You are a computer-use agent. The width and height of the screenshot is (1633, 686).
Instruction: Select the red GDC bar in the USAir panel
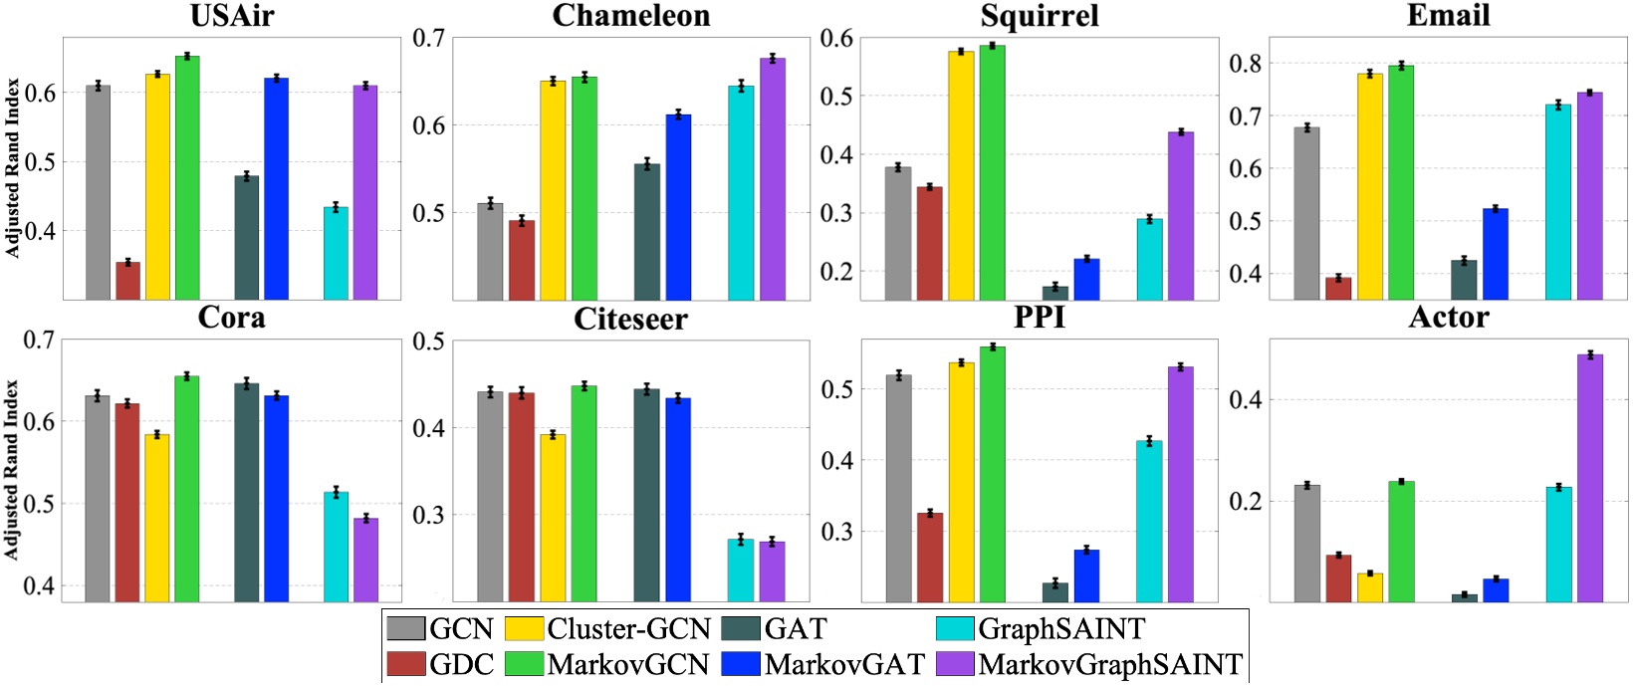(x=127, y=281)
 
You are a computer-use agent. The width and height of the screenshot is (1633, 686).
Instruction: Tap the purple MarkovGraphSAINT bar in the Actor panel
(x=1590, y=478)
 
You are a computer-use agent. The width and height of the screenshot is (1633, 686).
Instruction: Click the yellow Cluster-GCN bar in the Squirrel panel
(x=961, y=175)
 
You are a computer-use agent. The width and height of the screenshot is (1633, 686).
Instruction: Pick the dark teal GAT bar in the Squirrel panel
(x=1054, y=293)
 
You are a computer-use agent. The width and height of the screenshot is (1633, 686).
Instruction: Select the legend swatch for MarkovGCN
(x=524, y=664)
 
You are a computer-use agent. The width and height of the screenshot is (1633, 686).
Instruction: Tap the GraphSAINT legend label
(x=1061, y=629)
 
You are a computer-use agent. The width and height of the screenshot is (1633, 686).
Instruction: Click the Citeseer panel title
(x=630, y=320)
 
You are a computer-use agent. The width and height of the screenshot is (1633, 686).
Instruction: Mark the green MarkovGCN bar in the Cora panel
(x=187, y=489)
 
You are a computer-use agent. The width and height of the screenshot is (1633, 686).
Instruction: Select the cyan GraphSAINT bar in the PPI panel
(x=1149, y=521)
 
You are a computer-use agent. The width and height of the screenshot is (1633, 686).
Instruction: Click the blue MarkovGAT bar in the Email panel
(x=1495, y=254)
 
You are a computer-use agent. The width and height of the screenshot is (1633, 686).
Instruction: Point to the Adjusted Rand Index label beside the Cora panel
(x=13, y=469)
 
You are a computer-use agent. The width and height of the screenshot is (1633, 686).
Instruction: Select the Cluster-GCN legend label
(x=628, y=629)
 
